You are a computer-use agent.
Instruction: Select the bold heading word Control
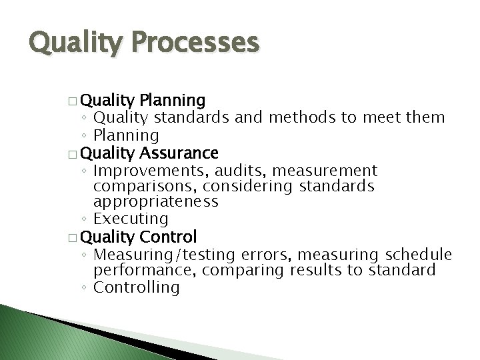pyautogui.click(x=169, y=237)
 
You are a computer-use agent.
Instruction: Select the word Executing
pyautogui.click(x=131, y=219)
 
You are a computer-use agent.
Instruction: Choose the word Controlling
pyautogui.click(x=137, y=287)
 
